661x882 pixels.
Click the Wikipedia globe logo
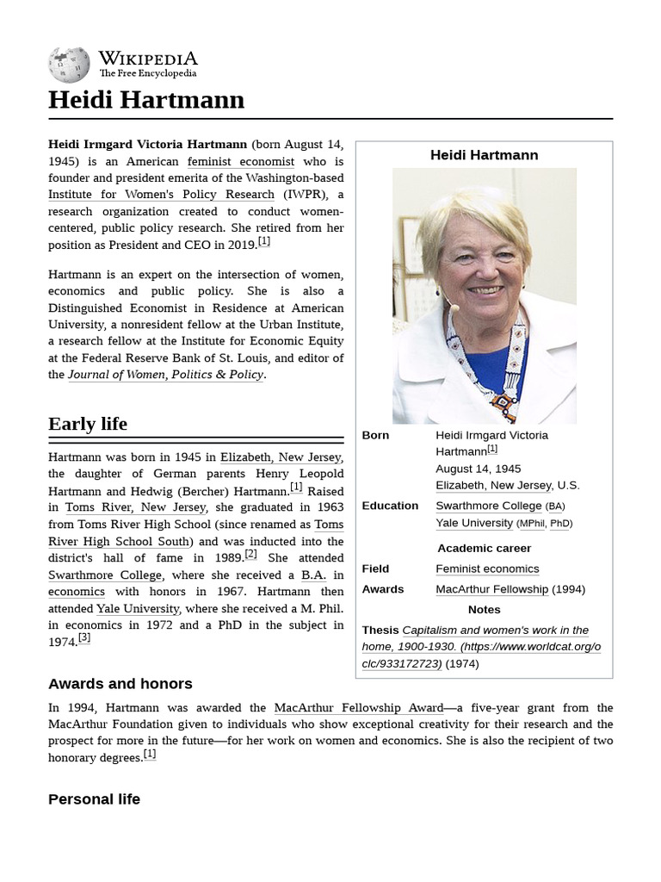pyautogui.click(x=69, y=63)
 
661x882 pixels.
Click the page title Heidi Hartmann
pyautogui.click(x=146, y=100)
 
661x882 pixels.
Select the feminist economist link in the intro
pyautogui.click(x=241, y=161)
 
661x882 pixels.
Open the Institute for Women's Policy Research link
pyautogui.click(x=161, y=195)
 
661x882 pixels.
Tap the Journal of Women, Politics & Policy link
pyautogui.click(x=165, y=375)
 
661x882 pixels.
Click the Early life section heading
pyautogui.click(x=88, y=424)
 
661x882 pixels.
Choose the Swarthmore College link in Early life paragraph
pyautogui.click(x=105, y=575)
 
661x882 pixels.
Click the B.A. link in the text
pyautogui.click(x=311, y=575)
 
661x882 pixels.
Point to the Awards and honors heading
pyautogui.click(x=120, y=684)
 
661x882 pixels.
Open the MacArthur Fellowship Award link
pyautogui.click(x=359, y=708)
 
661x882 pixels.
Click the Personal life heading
pyautogui.click(x=94, y=799)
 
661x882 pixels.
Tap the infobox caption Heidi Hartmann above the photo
pyautogui.click(x=484, y=155)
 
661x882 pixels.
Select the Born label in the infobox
pyautogui.click(x=375, y=435)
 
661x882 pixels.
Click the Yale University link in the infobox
pyautogui.click(x=473, y=523)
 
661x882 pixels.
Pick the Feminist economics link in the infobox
pyautogui.click(x=487, y=568)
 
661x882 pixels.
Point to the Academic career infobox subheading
pyautogui.click(x=484, y=548)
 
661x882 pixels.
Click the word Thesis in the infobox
pyautogui.click(x=380, y=630)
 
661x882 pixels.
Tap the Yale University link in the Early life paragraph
pyautogui.click(x=138, y=608)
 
